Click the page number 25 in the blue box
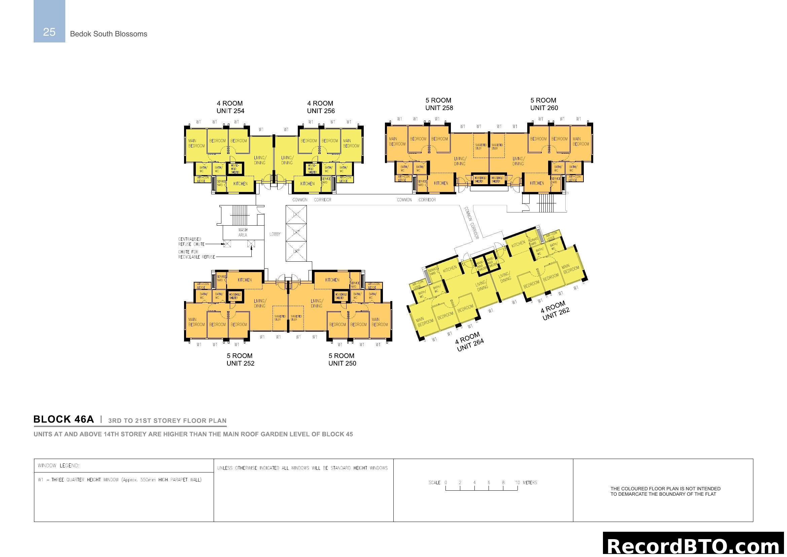coord(49,32)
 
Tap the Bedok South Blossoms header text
coord(108,34)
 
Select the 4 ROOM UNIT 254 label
coord(230,107)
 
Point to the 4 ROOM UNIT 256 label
coord(321,107)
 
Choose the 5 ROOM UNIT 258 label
coord(439,104)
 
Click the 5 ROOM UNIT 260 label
coord(544,104)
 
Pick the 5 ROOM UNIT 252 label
coord(240,359)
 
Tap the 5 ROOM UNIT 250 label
coord(342,359)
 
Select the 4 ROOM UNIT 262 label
coord(555,311)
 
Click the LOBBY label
coord(275,234)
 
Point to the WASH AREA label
coord(243,233)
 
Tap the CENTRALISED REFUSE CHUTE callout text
coord(191,242)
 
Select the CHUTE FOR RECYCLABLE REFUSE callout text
coord(196,255)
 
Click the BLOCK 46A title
coord(63,419)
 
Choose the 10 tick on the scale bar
coord(517,483)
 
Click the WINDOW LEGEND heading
coord(58,465)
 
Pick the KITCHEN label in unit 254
coord(240,184)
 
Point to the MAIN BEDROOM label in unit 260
coord(580,141)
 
